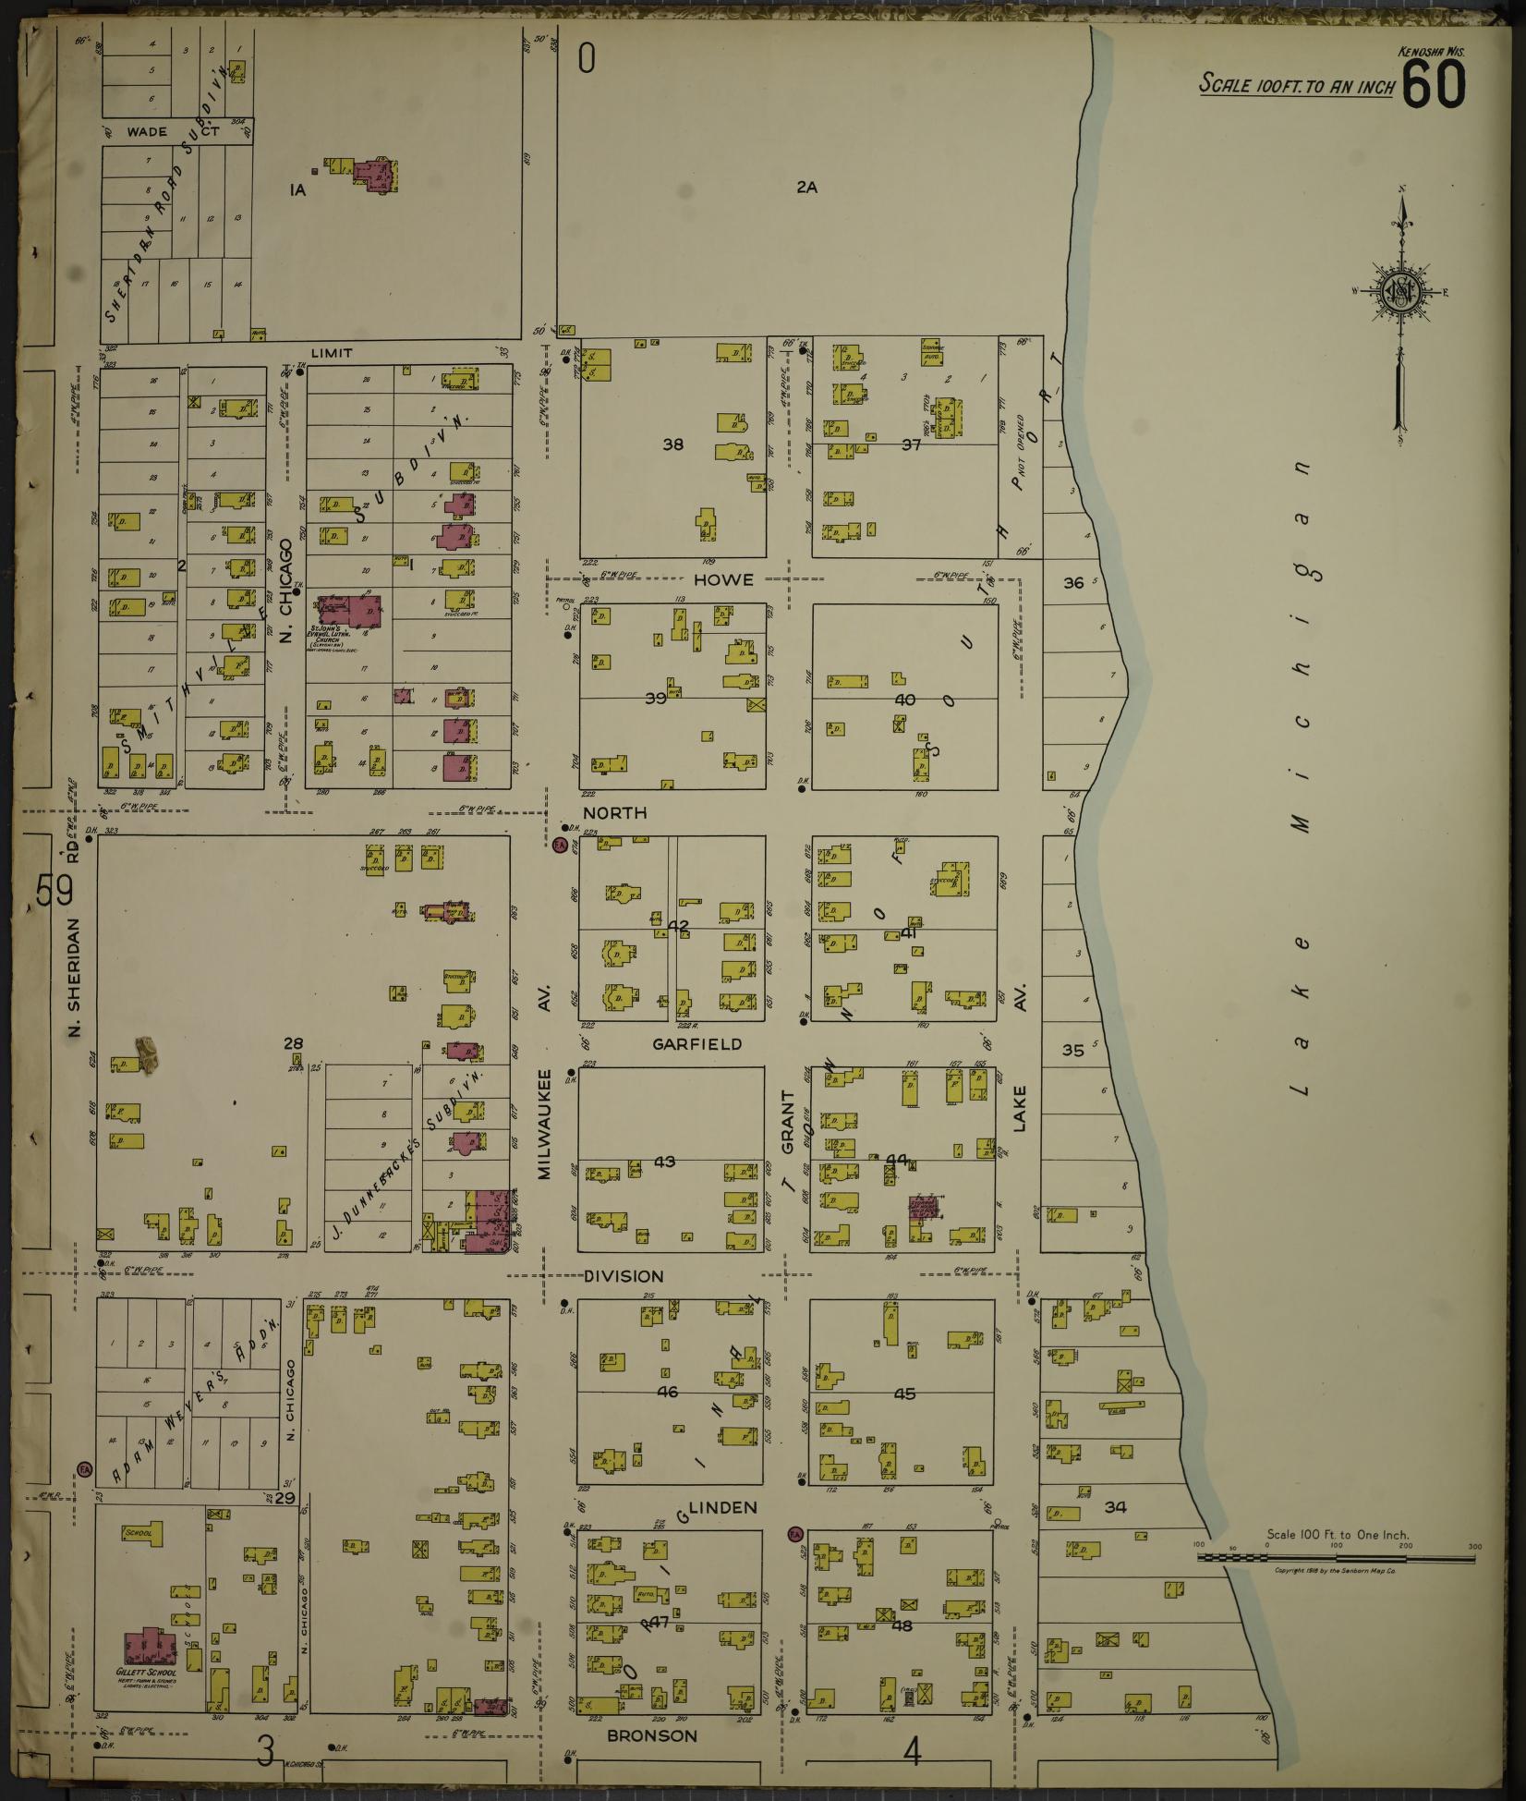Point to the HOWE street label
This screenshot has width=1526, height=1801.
[x=723, y=580]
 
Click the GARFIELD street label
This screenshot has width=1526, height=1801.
[x=696, y=1044]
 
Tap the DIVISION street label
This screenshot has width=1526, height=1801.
[x=624, y=1276]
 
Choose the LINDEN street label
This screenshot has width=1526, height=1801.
[x=723, y=1508]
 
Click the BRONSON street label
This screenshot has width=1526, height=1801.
[x=652, y=1736]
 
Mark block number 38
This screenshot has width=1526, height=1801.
[x=672, y=445]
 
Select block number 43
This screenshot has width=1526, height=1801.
[x=664, y=1162]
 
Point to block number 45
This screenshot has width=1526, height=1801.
[x=904, y=1393]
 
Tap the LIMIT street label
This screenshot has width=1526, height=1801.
[x=332, y=353]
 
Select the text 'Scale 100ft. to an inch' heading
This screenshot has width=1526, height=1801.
[x=1295, y=86]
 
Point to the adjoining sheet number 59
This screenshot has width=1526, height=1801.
[x=54, y=892]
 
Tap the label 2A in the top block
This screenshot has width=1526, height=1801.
[x=806, y=188]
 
